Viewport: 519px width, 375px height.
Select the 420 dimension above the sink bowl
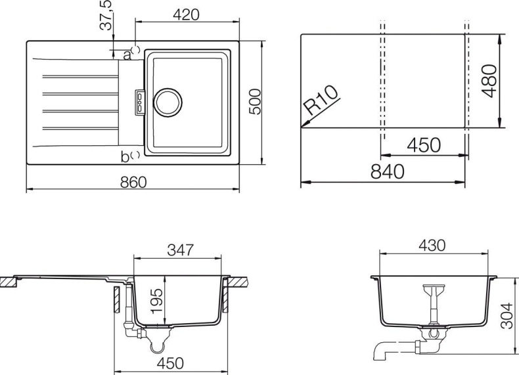coord(187,14)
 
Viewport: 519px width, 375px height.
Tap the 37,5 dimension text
coord(106,14)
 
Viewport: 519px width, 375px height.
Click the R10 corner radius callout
coord(322,103)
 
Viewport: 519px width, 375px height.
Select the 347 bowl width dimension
coord(180,250)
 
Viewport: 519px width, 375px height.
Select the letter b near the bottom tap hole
coord(125,156)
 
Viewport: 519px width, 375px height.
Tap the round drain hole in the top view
coord(166,102)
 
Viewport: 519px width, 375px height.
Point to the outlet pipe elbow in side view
coord(382,352)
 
